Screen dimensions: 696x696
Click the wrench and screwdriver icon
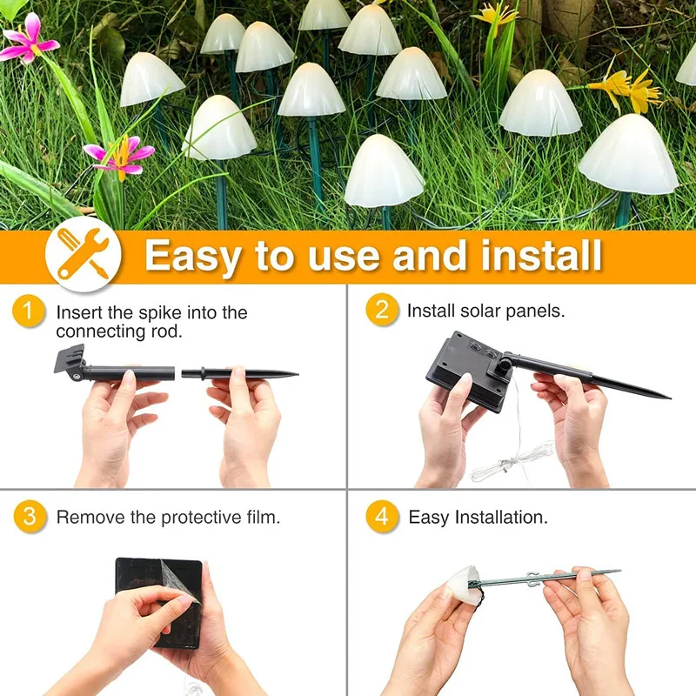[83, 254]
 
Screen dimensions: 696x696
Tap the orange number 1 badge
[29, 311]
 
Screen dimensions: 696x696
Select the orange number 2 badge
[382, 310]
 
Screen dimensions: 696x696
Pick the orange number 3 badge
[30, 517]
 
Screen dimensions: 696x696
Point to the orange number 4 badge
[382, 516]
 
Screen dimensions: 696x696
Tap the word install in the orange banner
[541, 254]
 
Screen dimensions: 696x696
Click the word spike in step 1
[160, 313]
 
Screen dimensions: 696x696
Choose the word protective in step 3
[202, 518]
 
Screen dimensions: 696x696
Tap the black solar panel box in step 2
[467, 371]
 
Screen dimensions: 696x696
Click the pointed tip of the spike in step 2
[669, 398]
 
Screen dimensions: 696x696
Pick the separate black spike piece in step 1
[240, 373]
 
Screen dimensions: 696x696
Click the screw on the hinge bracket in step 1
[77, 377]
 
